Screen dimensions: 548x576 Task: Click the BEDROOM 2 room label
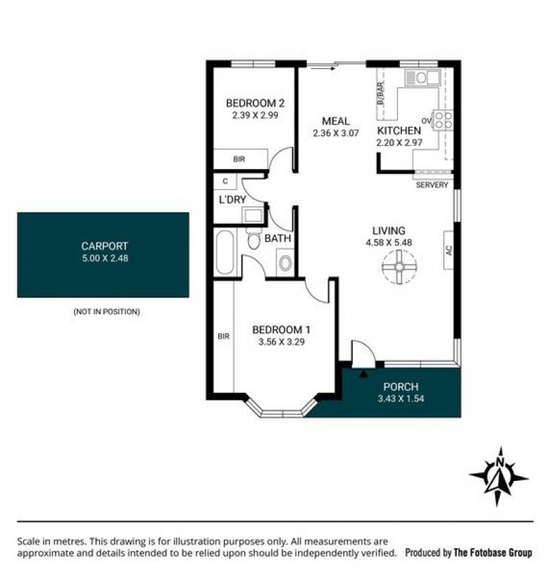[255, 103]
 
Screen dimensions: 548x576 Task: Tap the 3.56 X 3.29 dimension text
[282, 342]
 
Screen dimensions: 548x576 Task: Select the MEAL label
[336, 121]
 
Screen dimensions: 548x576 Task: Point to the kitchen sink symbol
[423, 77]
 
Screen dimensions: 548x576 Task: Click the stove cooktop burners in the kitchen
[443, 120]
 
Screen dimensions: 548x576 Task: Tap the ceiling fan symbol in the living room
[399, 267]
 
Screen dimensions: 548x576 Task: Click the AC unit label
[448, 250]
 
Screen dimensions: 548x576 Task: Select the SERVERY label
[432, 185]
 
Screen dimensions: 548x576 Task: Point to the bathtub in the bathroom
[225, 252]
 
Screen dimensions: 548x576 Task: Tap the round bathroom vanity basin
[285, 263]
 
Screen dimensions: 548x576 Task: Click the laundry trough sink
[253, 215]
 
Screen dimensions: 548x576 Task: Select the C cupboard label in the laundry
[225, 181]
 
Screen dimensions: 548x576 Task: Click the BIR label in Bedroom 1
[223, 336]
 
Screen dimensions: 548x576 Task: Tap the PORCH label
[401, 387]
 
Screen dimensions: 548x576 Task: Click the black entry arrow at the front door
[363, 374]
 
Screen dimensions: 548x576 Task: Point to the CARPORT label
[105, 246]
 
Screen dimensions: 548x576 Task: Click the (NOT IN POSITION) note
[107, 312]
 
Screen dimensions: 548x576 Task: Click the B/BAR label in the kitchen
[381, 94]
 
